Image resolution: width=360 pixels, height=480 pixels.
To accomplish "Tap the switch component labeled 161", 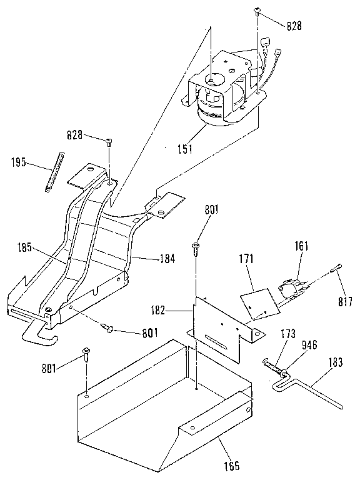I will coord(292,287).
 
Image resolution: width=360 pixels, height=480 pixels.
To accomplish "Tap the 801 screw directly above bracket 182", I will coord(196,247).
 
